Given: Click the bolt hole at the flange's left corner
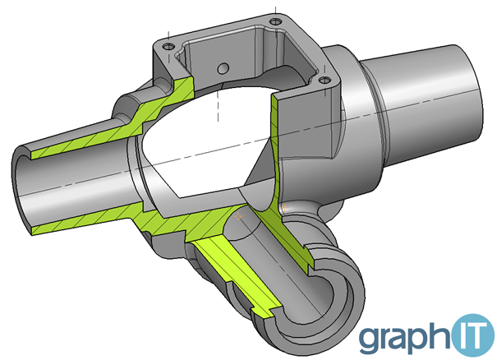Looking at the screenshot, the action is tap(168, 47).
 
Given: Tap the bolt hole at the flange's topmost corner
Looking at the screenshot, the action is tap(275, 21).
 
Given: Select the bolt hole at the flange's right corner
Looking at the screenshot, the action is tap(324, 80).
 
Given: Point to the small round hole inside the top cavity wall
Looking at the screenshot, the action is tap(223, 68).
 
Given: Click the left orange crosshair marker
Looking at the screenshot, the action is tap(238, 216).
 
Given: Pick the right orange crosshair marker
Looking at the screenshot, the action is tap(284, 209).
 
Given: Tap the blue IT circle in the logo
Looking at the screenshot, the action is tap(473, 335).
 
